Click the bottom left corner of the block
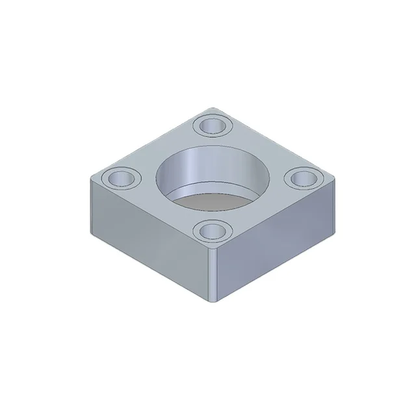90,233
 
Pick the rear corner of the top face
213,108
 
